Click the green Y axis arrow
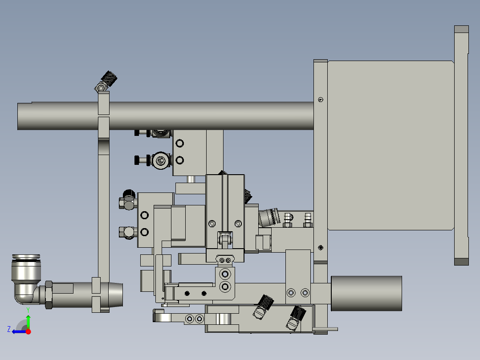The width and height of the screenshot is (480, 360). (x=28, y=320)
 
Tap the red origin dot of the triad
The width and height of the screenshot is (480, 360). (x=28, y=331)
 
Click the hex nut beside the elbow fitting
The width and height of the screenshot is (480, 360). (x=49, y=294)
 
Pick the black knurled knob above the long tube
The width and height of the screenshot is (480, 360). (x=110, y=79)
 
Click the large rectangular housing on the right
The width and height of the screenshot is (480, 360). (x=390, y=145)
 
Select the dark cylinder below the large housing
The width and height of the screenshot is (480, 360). (x=366, y=293)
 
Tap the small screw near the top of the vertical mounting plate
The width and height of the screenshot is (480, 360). (x=321, y=99)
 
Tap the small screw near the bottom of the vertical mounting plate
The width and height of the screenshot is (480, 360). (x=321, y=248)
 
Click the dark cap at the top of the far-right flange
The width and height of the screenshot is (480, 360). (x=461, y=30)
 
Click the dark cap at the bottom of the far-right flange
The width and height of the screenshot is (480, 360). (x=461, y=262)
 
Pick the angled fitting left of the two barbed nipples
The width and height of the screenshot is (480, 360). (x=268, y=217)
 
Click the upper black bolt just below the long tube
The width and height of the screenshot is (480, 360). (x=142, y=133)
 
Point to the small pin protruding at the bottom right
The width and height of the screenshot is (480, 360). (x=325, y=330)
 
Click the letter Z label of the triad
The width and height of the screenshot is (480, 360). (x=9, y=329)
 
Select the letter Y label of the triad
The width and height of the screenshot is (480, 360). (x=28, y=309)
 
